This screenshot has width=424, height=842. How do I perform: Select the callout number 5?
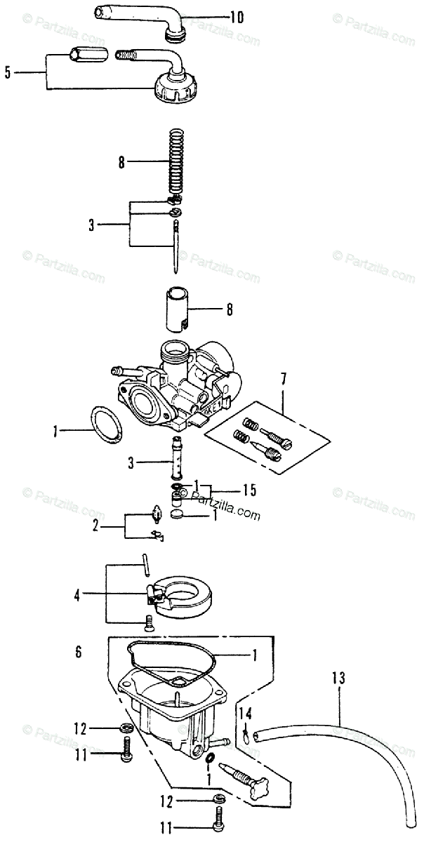coord(8,72)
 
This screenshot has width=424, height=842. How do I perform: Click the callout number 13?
coord(339,679)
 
